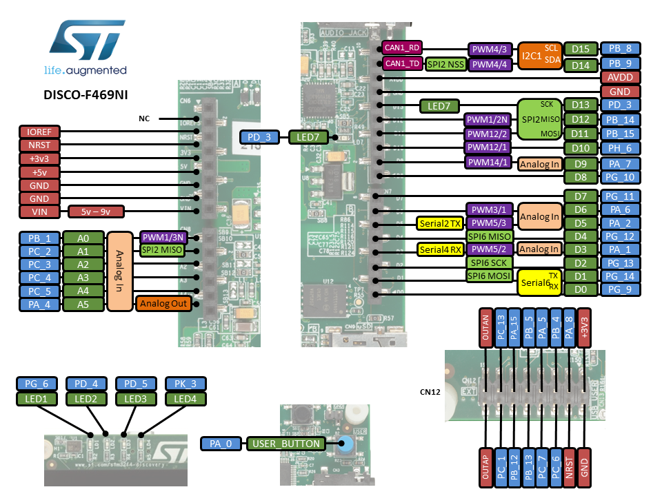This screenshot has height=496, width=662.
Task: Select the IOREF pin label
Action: coord(40,132)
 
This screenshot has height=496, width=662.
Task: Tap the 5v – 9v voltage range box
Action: coord(95,211)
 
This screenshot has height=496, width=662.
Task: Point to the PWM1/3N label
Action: coord(163,238)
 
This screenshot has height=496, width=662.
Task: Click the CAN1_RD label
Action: coord(402,48)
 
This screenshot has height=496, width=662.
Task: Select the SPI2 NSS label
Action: coord(446,64)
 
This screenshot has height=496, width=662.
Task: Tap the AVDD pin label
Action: coord(620,77)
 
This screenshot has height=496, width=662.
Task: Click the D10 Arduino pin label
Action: coord(581,148)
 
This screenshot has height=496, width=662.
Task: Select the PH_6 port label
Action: coord(620,148)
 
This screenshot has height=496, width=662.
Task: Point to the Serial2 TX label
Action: coord(440,223)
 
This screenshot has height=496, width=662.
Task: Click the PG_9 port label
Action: coord(620,289)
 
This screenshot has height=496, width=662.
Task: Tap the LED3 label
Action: coord(136,399)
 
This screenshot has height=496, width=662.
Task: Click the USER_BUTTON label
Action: coord(286,444)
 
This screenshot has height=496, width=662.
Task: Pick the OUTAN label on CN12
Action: coord(486,328)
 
